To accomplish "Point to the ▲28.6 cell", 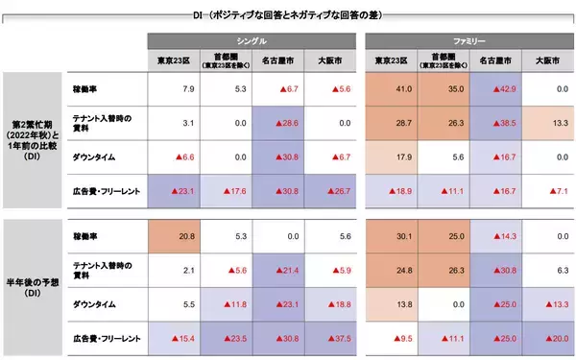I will (x=278, y=124).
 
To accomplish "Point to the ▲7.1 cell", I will (x=546, y=192).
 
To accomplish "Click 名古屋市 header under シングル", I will (x=278, y=60).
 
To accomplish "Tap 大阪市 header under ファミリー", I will (x=548, y=60).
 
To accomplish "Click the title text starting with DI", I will (x=288, y=14).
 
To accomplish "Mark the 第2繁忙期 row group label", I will (x=32, y=140).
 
